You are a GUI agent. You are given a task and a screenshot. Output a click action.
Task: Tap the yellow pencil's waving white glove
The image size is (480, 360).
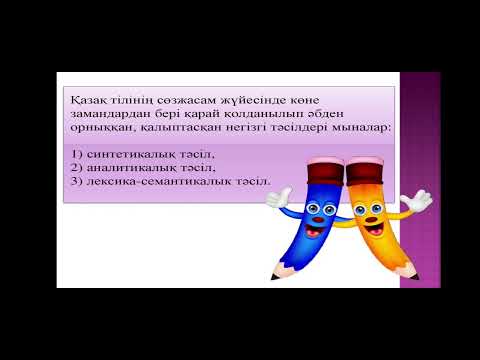(419, 200)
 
